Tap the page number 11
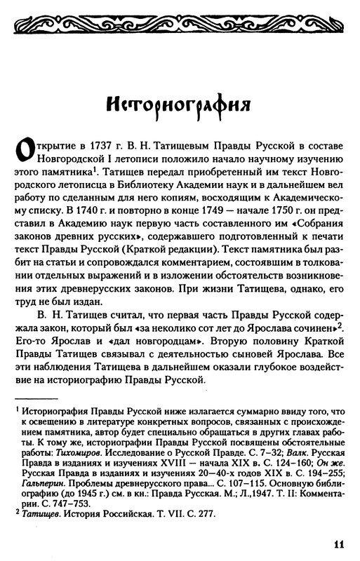[338, 543]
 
